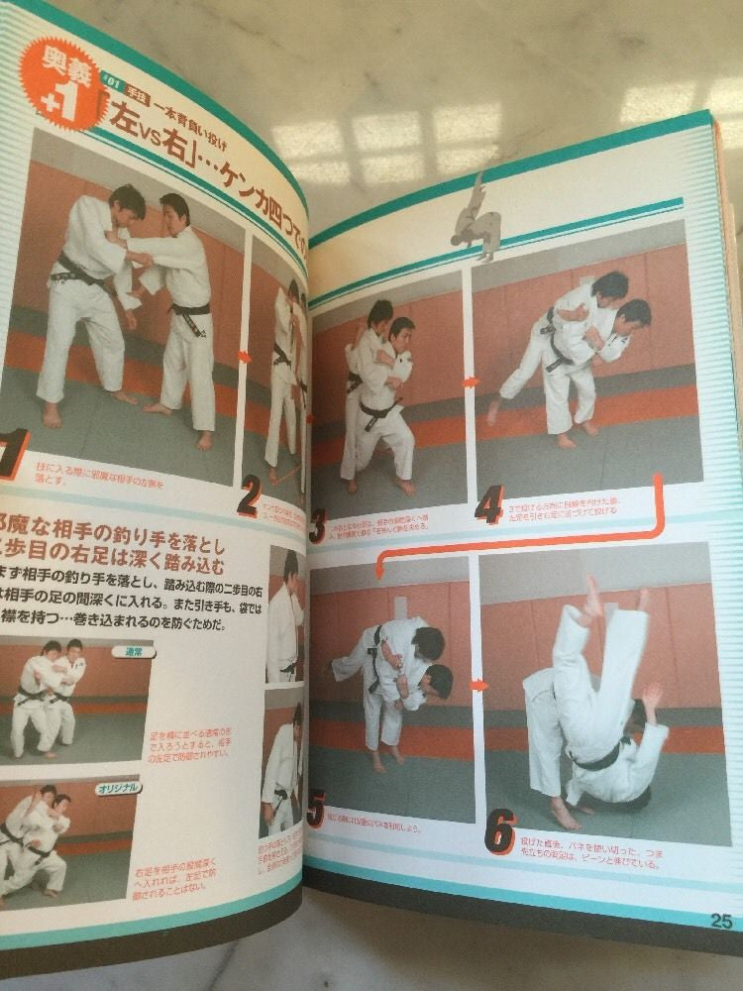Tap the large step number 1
tap(14, 454)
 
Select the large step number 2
tap(248, 495)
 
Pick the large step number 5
tap(316, 811)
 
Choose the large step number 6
tap(499, 831)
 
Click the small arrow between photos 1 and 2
tap(245, 355)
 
